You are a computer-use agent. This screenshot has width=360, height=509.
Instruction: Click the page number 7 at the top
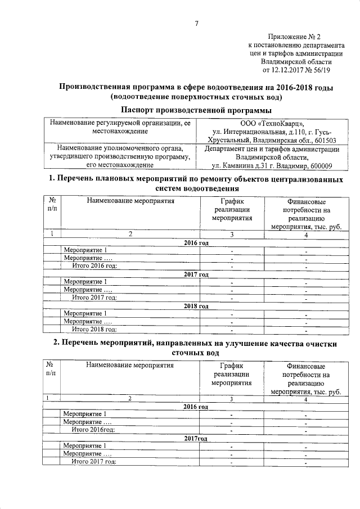click(x=196, y=23)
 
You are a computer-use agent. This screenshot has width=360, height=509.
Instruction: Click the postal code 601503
click(x=323, y=140)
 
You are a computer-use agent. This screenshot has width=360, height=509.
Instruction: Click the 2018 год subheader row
click(x=196, y=306)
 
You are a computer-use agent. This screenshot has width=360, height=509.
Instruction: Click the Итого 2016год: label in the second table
click(x=93, y=430)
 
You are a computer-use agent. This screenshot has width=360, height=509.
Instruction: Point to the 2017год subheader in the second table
click(x=196, y=438)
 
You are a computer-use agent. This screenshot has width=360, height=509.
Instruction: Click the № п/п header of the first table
click(x=52, y=204)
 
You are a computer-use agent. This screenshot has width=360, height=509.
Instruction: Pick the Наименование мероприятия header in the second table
click(x=130, y=364)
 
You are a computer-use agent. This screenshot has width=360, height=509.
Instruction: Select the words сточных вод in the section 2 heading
click(x=196, y=352)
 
